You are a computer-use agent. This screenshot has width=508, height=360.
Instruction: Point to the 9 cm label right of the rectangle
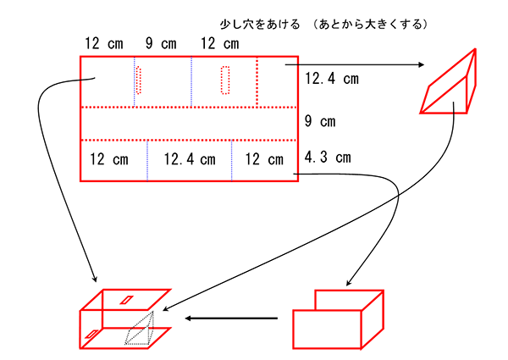point(323,121)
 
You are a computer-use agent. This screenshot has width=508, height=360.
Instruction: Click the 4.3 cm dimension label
point(328,157)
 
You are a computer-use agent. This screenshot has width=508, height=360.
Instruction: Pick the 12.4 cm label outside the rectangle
point(331,80)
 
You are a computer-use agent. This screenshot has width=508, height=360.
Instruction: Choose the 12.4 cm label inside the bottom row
point(190,159)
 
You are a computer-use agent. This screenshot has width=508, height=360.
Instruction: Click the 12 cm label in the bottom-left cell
point(108,159)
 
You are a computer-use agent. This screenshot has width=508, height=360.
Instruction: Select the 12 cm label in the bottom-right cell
point(264,159)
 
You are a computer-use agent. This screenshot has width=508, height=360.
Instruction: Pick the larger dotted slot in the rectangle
point(225,80)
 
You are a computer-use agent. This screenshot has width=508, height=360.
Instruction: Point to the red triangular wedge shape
point(452,84)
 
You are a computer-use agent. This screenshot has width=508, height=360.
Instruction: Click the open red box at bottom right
point(339,318)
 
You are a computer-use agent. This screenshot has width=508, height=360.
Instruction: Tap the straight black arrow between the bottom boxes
point(231,318)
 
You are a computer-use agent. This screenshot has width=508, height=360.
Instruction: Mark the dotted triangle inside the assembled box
point(141,331)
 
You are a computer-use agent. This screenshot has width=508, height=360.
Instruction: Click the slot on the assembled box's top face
point(126,299)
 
